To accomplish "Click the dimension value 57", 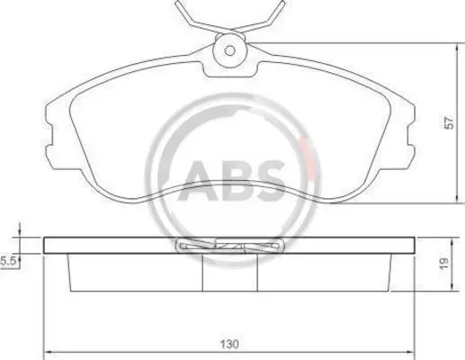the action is point(449,122).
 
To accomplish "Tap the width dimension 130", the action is point(229,344).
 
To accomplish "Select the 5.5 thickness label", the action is point(8,261).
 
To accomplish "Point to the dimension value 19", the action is point(444,263).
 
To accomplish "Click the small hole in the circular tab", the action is point(230,50).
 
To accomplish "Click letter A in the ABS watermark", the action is point(199,181).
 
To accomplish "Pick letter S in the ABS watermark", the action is point(269,181).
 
